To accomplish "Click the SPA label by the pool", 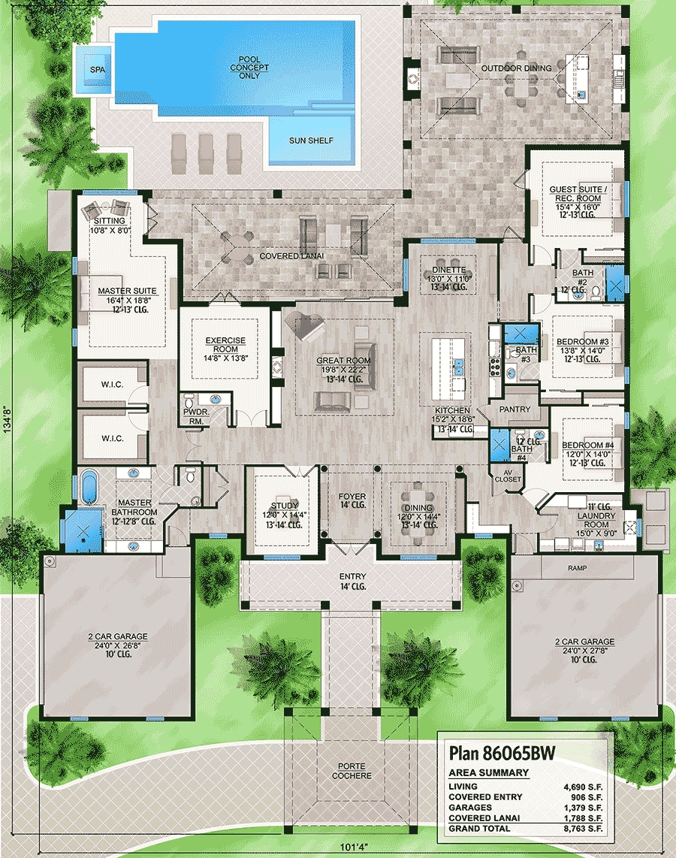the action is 98,69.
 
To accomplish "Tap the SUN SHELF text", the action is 311,140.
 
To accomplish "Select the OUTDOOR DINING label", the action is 516,68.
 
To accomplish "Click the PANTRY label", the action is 515,409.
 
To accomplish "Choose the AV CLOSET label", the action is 508,476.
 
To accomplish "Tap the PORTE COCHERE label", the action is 352,771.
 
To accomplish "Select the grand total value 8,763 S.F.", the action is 583,829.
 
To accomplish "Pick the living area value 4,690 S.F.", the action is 583,787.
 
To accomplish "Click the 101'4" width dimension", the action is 354,847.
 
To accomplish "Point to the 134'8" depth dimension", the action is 7,420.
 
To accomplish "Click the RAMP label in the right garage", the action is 577,568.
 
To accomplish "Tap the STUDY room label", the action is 285,506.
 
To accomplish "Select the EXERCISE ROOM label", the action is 225,345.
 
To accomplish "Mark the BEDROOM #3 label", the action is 582,341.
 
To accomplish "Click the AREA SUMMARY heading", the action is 488,772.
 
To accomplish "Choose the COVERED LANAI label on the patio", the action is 291,256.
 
